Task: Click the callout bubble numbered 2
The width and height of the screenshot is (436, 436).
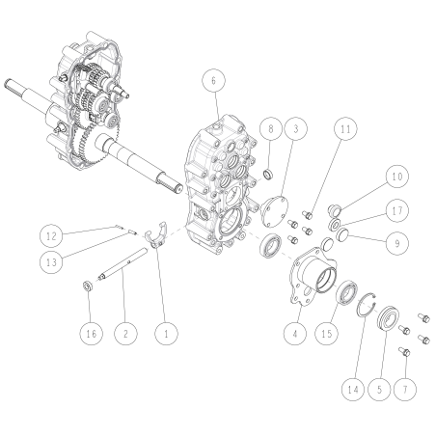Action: (123, 333)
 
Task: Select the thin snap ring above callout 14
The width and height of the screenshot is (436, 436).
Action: (365, 308)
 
